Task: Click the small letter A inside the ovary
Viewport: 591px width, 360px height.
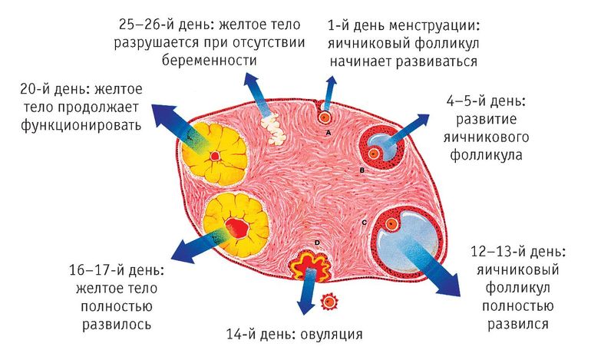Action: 329,133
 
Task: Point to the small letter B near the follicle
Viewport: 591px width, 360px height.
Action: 362,170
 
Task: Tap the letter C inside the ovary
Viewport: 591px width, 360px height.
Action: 364,223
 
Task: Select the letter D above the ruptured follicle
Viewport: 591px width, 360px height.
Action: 317,243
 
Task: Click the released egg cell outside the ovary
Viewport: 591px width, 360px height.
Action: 329,302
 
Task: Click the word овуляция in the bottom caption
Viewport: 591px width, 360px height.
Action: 332,335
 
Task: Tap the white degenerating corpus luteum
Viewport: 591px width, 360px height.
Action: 274,130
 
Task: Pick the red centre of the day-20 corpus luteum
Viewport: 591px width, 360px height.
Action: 214,156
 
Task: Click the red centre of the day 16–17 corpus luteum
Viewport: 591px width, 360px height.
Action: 237,228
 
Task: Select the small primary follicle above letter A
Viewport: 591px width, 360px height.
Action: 324,117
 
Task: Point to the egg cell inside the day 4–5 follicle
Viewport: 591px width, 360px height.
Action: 374,154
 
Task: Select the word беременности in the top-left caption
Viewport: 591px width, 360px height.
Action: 210,61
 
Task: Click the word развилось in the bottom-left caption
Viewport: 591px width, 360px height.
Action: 117,324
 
